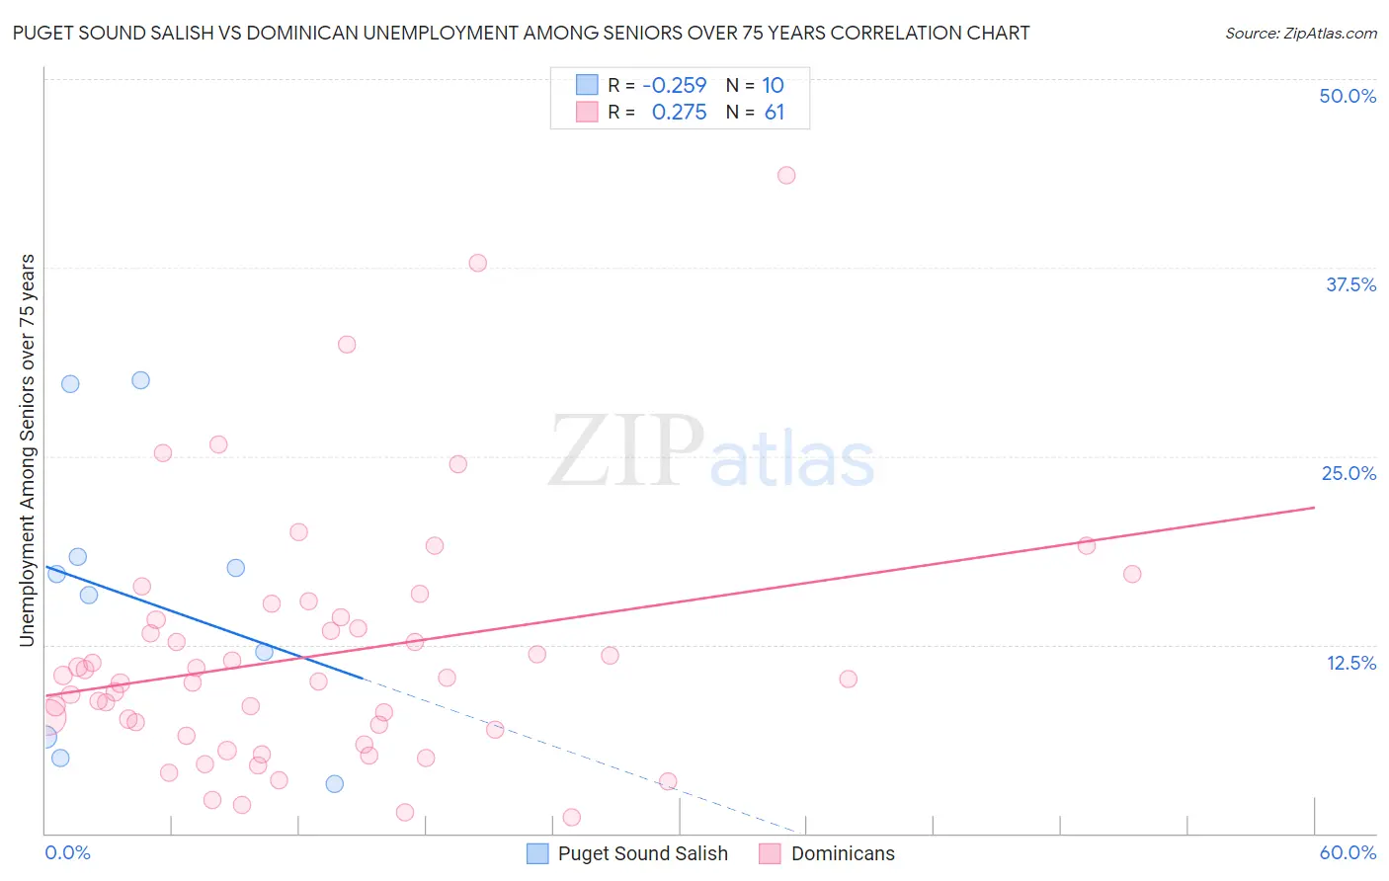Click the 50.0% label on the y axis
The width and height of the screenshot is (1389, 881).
coord(1348,96)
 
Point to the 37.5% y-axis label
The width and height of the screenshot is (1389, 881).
coord(1350,284)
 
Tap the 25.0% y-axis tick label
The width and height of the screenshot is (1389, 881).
coord(1348,473)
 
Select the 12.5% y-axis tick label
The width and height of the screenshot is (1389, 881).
coord(1350,663)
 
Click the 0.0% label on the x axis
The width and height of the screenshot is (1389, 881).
coord(67,852)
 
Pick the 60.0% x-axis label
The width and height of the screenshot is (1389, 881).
coord(1348,852)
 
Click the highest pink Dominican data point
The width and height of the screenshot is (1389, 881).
coord(786,175)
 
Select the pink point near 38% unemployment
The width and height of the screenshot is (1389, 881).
coord(477,263)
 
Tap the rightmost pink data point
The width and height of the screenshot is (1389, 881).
coord(1132,574)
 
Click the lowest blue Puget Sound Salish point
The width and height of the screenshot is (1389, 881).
coord(335,783)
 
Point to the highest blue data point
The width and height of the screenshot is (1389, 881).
coord(140,380)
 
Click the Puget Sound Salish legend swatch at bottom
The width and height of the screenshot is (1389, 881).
coord(537,853)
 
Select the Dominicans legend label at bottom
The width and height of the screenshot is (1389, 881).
coord(843,853)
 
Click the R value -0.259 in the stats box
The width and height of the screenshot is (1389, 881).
coord(674,86)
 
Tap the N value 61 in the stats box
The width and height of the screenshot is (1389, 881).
coord(775,113)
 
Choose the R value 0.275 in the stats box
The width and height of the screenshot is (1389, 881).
coord(679,113)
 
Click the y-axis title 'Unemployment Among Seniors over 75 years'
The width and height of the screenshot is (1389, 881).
coord(27,450)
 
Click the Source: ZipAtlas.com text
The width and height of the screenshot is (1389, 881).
coord(1300,34)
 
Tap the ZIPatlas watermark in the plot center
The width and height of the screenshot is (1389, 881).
coord(711,453)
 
